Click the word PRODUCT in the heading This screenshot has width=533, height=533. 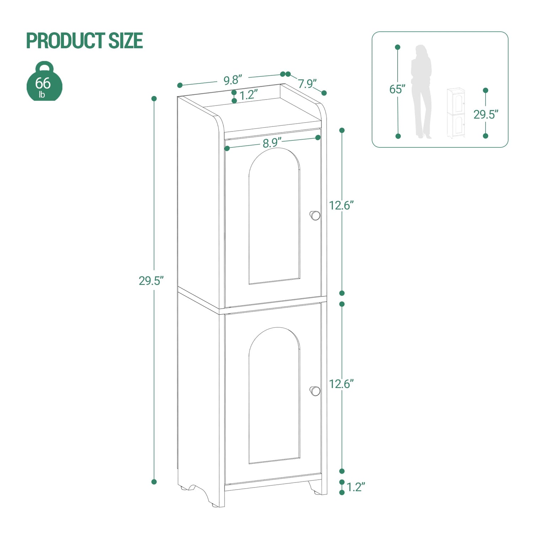65,41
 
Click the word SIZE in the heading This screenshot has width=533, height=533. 125,41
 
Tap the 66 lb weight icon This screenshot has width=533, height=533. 44,81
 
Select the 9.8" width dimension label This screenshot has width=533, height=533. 233,80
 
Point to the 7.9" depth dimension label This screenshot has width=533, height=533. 307,84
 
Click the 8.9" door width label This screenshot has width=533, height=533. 272,143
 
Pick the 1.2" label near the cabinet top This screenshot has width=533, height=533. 248,95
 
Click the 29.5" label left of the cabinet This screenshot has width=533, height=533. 151,281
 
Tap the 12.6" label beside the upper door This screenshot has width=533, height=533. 341,205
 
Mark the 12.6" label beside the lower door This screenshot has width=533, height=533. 341,384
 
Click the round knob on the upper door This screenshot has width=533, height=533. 315,215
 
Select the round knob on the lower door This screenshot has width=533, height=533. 315,391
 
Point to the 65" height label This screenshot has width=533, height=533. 397,89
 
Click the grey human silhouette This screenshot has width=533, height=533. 422,91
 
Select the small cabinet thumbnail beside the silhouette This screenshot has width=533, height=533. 456,113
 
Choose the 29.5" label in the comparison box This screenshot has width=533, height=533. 486,114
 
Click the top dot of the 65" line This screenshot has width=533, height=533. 398,47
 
